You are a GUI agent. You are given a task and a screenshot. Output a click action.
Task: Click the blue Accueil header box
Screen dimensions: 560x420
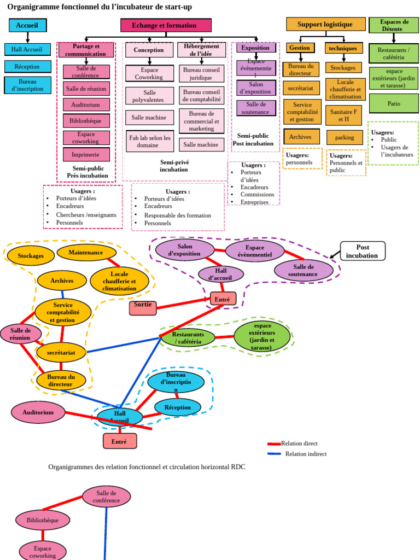27,25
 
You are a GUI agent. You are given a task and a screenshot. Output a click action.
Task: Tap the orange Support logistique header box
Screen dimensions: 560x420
325,24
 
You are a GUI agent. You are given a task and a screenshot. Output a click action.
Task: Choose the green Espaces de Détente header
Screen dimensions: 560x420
394,25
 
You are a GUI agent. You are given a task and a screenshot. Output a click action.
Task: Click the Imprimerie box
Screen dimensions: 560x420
86,155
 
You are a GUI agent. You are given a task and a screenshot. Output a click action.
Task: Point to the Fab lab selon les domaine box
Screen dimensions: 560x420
150,142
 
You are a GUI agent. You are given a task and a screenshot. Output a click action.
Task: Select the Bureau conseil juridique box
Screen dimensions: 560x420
201,73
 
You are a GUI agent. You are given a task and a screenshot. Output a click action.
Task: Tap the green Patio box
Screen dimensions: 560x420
394,103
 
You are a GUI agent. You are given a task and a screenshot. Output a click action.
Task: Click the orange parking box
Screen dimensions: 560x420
345,137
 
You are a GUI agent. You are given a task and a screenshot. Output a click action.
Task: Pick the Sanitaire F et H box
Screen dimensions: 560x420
343,115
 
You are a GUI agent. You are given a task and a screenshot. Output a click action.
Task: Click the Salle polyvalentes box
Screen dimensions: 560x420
150,96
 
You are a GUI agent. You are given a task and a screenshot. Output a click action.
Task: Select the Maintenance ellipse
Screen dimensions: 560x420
86,253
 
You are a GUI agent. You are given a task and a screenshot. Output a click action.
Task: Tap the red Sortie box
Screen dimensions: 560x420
143,307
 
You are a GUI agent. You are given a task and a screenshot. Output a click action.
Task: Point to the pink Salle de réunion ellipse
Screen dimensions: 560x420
20,334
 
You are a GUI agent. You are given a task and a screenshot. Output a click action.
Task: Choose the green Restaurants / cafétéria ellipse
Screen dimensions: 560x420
188,337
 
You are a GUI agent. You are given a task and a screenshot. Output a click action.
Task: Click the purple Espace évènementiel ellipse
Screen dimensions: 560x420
255,251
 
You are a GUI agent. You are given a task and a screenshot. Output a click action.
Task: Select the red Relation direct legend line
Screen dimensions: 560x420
274,444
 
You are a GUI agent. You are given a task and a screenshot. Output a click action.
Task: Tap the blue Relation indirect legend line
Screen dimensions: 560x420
274,454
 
